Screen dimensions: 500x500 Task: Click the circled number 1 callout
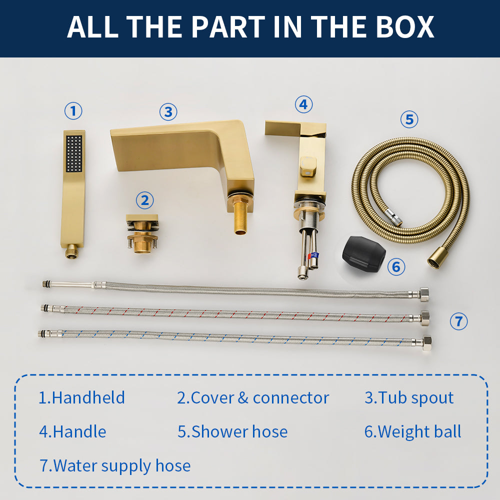[73, 111]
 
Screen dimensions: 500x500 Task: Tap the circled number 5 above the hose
[409, 119]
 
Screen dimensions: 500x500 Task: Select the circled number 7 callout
[458, 321]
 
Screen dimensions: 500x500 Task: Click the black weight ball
[363, 254]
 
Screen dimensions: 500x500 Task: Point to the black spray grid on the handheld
[74, 153]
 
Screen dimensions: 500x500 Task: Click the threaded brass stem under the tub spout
[240, 216]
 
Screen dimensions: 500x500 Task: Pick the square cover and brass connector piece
[142, 233]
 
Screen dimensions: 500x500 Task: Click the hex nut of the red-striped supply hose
[424, 317]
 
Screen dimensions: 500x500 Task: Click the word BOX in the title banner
[405, 27]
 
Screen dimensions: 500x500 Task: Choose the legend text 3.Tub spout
[409, 397]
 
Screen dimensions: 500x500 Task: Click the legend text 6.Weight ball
[413, 431]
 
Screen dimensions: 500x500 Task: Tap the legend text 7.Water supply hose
[115, 465]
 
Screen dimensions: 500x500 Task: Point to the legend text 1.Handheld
[81, 397]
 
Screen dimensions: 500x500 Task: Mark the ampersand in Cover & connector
[243, 397]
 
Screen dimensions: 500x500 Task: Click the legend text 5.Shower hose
[232, 431]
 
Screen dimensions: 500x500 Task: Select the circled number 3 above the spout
[168, 112]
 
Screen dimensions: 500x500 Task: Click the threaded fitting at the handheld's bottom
[71, 252]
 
